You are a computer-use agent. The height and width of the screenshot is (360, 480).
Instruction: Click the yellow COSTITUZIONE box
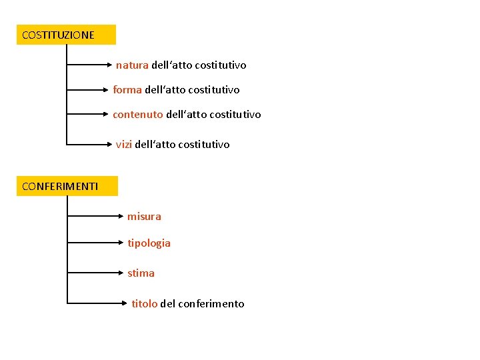coord(66,35)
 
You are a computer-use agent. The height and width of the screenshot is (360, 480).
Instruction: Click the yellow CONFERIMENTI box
coord(67,186)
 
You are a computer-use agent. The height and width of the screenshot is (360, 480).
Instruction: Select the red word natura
coord(132,65)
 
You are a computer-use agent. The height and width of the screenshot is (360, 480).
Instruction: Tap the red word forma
coord(127,89)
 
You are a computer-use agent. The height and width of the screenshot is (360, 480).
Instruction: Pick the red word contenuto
coord(138,115)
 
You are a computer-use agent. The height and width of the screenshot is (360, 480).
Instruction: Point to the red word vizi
coord(124,144)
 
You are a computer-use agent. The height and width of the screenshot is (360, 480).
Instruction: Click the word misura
coord(144,217)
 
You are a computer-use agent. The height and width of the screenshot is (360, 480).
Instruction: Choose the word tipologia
coord(149,243)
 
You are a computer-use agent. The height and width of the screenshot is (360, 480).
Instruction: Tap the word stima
coord(141,273)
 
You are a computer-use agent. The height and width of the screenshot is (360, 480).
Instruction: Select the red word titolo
coord(145,304)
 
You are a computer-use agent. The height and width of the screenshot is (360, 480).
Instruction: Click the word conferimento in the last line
coord(211,304)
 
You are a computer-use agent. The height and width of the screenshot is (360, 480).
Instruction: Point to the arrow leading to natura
coord(91,65)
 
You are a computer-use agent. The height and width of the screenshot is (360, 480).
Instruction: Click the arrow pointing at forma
coord(89,88)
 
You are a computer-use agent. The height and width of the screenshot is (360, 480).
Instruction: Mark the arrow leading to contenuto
coord(89,115)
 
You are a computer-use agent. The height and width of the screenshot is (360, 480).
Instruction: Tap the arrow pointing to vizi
coord(89,143)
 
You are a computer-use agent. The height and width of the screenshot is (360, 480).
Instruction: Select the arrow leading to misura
coord(96,216)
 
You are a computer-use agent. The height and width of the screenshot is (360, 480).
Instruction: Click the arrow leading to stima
coord(96,272)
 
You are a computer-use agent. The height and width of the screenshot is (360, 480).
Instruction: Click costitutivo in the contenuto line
coord(235,115)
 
